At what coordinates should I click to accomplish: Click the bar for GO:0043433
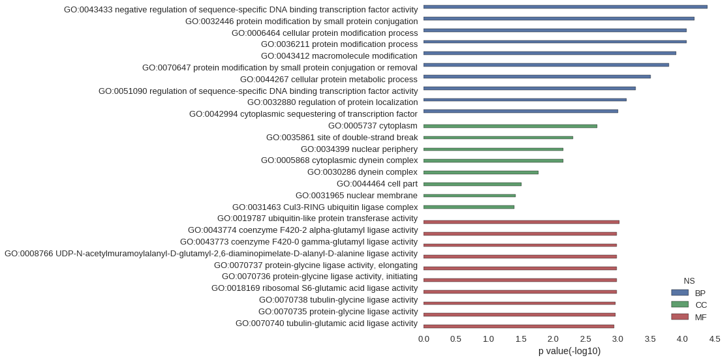point(565,7)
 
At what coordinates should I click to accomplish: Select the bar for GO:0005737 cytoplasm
point(510,126)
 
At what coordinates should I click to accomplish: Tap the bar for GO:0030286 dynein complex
point(481,172)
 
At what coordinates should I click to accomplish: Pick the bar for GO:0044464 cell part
point(472,184)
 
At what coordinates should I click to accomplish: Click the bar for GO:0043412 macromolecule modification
point(549,53)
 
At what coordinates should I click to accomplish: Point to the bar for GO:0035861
point(498,138)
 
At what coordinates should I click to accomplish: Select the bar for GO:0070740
point(519,326)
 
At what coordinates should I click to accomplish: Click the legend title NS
point(689,281)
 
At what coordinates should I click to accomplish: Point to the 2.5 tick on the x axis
point(585,340)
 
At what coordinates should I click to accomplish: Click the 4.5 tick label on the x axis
point(715,340)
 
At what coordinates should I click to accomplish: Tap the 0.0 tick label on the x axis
point(424,340)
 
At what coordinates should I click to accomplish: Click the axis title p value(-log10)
point(569,352)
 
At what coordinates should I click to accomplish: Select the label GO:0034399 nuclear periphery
point(360,149)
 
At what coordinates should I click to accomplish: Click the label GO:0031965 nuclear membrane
point(356,196)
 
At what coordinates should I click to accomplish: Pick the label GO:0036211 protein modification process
point(339,44)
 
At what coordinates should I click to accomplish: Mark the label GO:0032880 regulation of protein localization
point(332,102)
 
